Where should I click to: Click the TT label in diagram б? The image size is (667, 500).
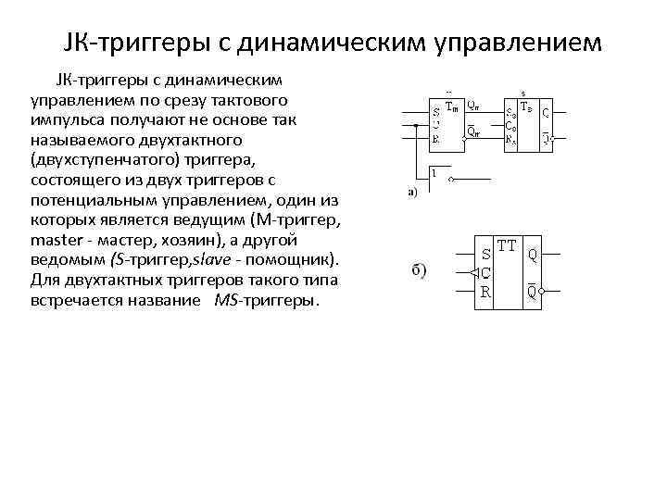coord(507,247)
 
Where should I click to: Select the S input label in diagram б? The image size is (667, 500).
coord(485,253)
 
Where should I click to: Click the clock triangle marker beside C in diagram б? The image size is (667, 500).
coord(473,273)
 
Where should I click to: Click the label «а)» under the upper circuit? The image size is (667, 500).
coord(412,193)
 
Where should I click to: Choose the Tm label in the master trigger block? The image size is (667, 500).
coord(453,106)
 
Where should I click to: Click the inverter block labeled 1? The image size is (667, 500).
coord(435,175)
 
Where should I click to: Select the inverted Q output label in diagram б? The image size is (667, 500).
coord(532,291)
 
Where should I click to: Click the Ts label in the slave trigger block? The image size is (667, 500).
coord(525,106)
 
